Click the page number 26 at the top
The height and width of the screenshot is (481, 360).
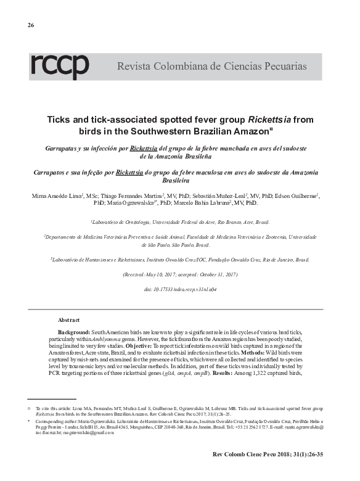(x=31, y=25)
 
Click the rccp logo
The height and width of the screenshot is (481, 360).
(x=60, y=67)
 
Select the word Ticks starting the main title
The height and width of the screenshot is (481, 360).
(x=63, y=121)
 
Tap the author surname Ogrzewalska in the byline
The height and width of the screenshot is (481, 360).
(x=131, y=202)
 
